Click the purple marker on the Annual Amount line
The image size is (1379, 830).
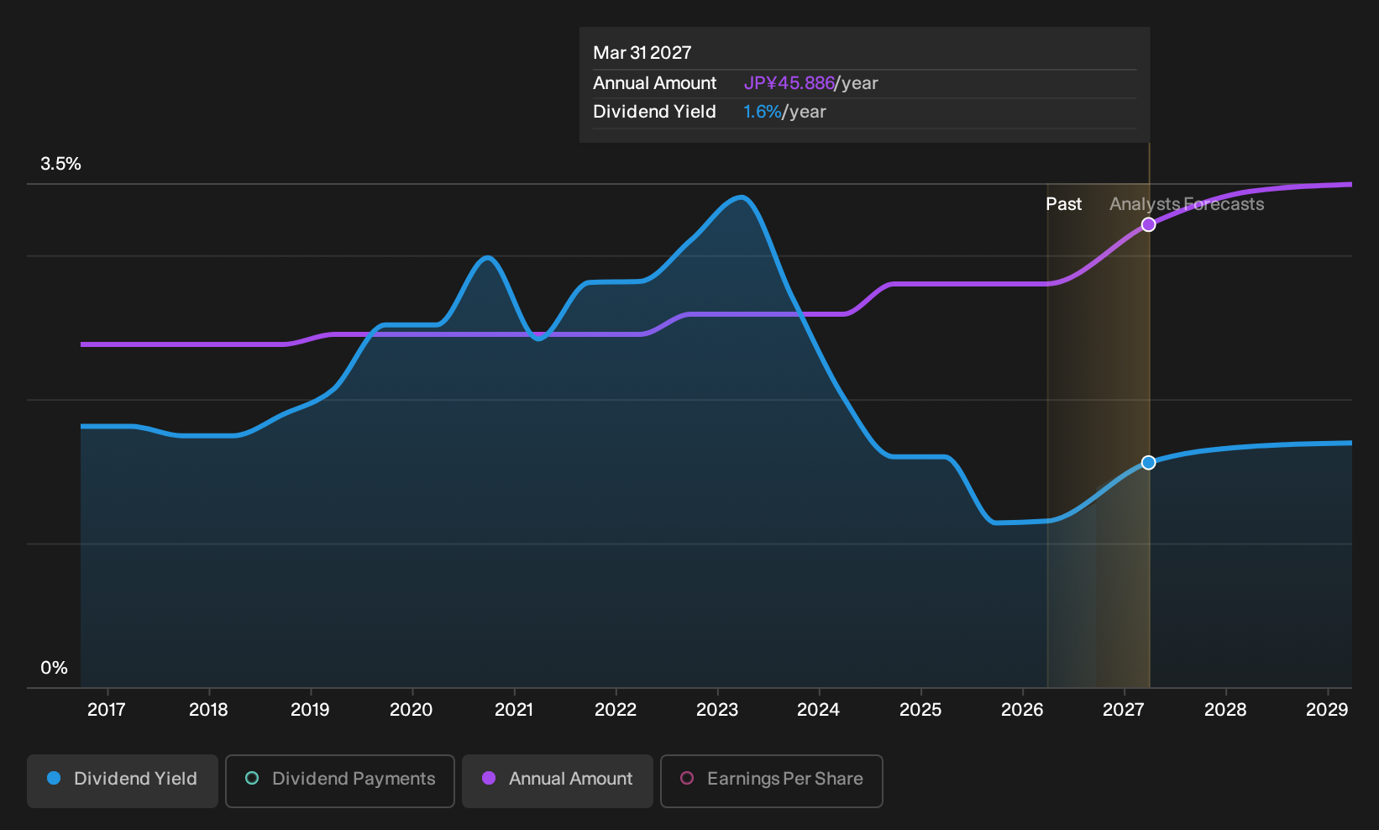tap(1148, 225)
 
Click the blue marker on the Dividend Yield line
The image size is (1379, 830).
tap(1148, 462)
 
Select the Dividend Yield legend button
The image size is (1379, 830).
tap(123, 780)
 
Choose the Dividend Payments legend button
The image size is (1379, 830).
tap(340, 780)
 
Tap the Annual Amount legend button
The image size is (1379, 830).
tap(557, 780)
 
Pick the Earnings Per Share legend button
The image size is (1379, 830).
tap(771, 780)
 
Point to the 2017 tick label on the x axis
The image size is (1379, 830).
tap(107, 710)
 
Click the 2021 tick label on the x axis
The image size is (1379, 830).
tap(513, 710)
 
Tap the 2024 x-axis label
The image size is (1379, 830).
tap(818, 710)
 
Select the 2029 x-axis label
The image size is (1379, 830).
tap(1327, 710)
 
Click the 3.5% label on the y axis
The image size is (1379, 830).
tap(60, 164)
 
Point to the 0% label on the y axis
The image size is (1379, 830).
tap(55, 668)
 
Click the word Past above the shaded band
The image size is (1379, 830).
tap(1064, 204)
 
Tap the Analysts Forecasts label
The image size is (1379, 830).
tap(1187, 204)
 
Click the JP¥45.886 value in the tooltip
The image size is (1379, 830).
tap(789, 83)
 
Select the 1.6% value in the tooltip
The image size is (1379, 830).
tap(762, 112)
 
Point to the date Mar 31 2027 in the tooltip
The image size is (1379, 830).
tap(642, 53)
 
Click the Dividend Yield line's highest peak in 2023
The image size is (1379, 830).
tap(742, 197)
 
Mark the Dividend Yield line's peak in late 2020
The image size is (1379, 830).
tap(488, 258)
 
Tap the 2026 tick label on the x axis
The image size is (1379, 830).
tap(1022, 710)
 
